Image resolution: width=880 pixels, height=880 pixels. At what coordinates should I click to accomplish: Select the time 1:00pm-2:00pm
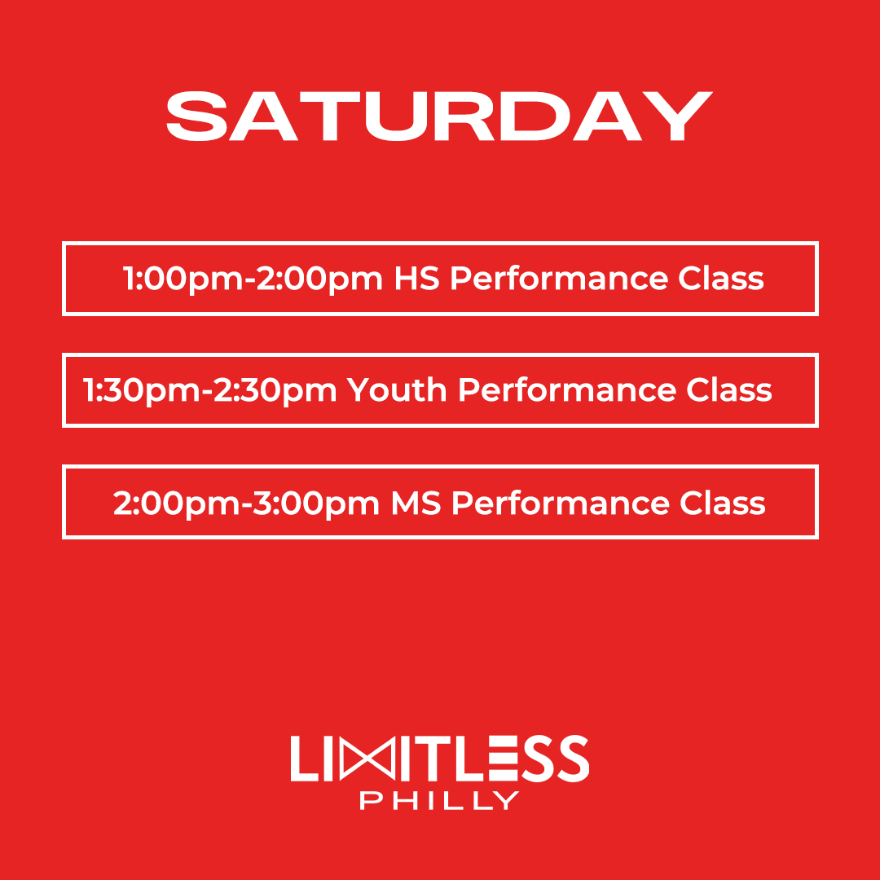click(x=253, y=279)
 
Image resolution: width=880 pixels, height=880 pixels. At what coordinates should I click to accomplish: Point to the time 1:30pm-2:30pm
click(x=211, y=390)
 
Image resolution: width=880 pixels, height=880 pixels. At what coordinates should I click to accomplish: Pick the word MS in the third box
click(x=416, y=503)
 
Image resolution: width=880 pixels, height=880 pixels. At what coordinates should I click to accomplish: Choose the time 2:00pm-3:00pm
click(x=247, y=503)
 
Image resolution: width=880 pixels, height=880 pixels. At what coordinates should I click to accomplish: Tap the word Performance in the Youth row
click(x=567, y=390)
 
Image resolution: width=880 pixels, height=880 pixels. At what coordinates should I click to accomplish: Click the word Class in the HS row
click(x=721, y=279)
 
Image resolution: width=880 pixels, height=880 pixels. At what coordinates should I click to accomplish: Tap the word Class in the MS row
click(x=723, y=503)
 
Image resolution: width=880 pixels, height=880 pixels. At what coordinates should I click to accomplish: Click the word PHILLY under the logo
click(x=439, y=800)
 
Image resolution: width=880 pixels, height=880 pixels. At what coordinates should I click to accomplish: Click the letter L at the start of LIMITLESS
click(x=303, y=759)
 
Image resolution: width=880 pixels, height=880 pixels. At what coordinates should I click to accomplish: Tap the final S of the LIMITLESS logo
click(x=570, y=759)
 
